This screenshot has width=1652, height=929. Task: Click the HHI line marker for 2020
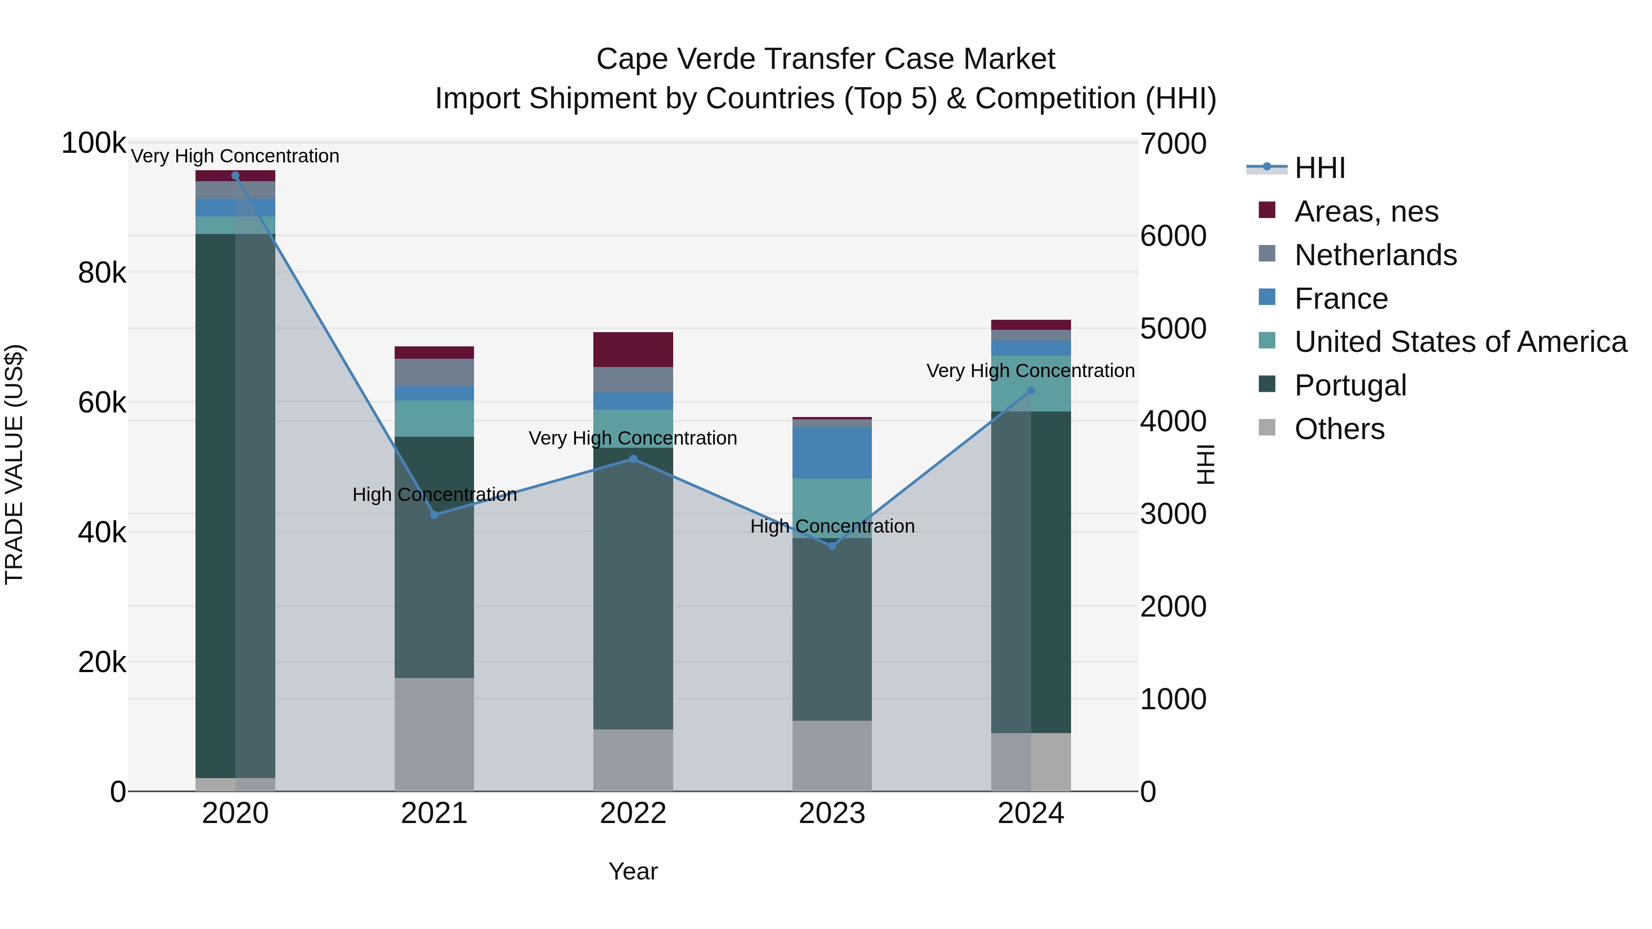pos(235,176)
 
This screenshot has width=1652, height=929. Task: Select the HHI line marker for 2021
pos(434,515)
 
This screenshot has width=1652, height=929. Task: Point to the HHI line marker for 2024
pos(1031,390)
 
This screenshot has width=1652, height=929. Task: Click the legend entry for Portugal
pos(1350,385)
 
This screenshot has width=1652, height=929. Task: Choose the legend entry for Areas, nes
pos(1366,211)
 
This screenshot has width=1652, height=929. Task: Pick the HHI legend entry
pos(1319,168)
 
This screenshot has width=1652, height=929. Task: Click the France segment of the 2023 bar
pos(832,453)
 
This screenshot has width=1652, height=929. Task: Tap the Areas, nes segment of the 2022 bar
pos(633,350)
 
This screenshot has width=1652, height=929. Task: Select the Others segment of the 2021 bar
pos(434,734)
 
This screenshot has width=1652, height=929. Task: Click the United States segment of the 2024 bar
pos(1031,384)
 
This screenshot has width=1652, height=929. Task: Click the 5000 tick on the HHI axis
pos(1173,329)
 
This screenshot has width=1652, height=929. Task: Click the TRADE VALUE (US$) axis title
pos(14,464)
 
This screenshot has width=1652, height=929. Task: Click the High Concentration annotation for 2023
pos(832,526)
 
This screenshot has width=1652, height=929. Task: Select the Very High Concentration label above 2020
pos(235,156)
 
